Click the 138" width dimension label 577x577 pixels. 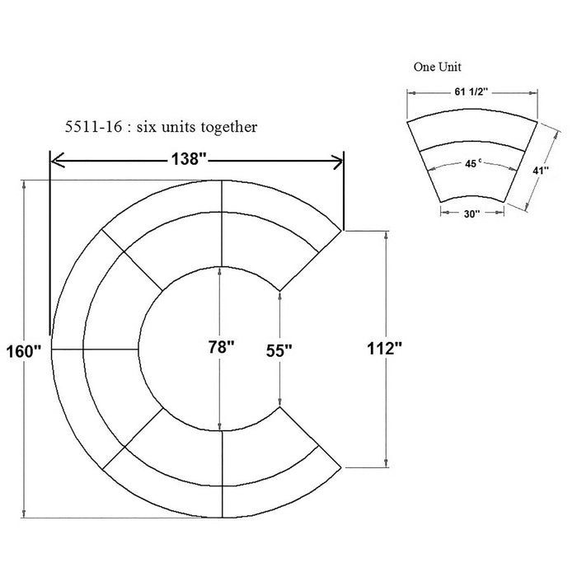pyautogui.click(x=189, y=159)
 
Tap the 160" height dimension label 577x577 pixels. pyautogui.click(x=24, y=351)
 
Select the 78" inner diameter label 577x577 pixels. pyautogui.click(x=221, y=347)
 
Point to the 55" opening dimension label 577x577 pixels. pyautogui.click(x=279, y=350)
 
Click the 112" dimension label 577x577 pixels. pyautogui.click(x=385, y=348)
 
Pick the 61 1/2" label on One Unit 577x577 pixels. pyautogui.click(x=471, y=91)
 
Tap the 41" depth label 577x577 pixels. pyautogui.click(x=541, y=171)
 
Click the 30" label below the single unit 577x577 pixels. pyautogui.click(x=471, y=213)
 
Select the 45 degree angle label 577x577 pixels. pyautogui.click(x=472, y=164)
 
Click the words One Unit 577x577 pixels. pyautogui.click(x=437, y=67)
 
